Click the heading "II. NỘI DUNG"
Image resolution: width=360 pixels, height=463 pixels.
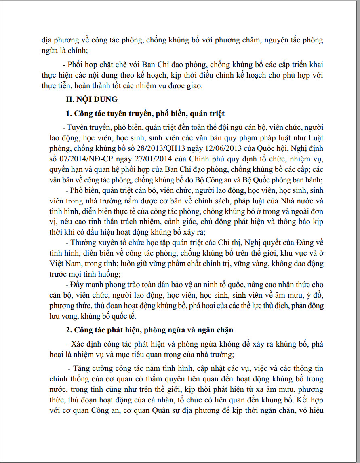click(x=92, y=99)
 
